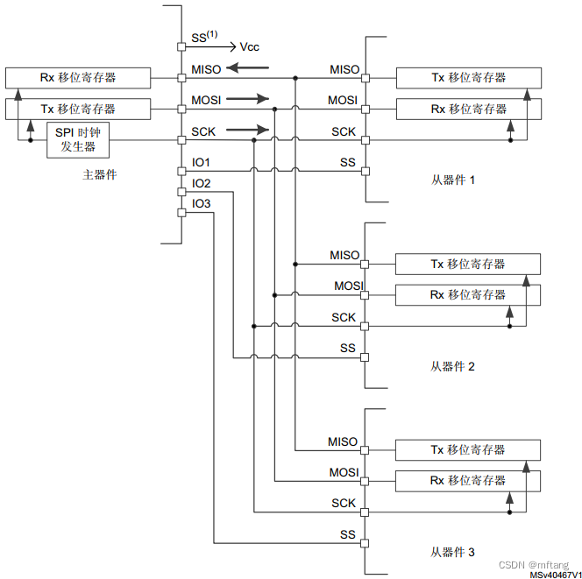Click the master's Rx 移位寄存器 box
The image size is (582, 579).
click(x=77, y=77)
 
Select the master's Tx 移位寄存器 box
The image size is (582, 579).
click(x=77, y=109)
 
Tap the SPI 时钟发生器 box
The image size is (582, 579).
click(x=77, y=140)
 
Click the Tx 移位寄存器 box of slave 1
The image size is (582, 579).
click(x=468, y=77)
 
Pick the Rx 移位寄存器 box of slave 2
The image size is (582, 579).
click(x=468, y=295)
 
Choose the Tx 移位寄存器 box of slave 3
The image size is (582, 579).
click(x=468, y=449)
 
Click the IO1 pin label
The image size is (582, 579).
click(x=202, y=162)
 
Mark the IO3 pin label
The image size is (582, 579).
click(x=202, y=203)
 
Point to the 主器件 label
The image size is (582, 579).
click(x=100, y=174)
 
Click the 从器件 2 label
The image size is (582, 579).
click(x=452, y=366)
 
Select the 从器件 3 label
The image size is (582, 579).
click(x=452, y=552)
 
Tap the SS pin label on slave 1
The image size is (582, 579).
click(x=348, y=163)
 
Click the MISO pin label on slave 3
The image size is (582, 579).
click(x=343, y=441)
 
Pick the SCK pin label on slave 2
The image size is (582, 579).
click(x=344, y=317)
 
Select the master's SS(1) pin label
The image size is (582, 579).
click(x=204, y=37)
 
